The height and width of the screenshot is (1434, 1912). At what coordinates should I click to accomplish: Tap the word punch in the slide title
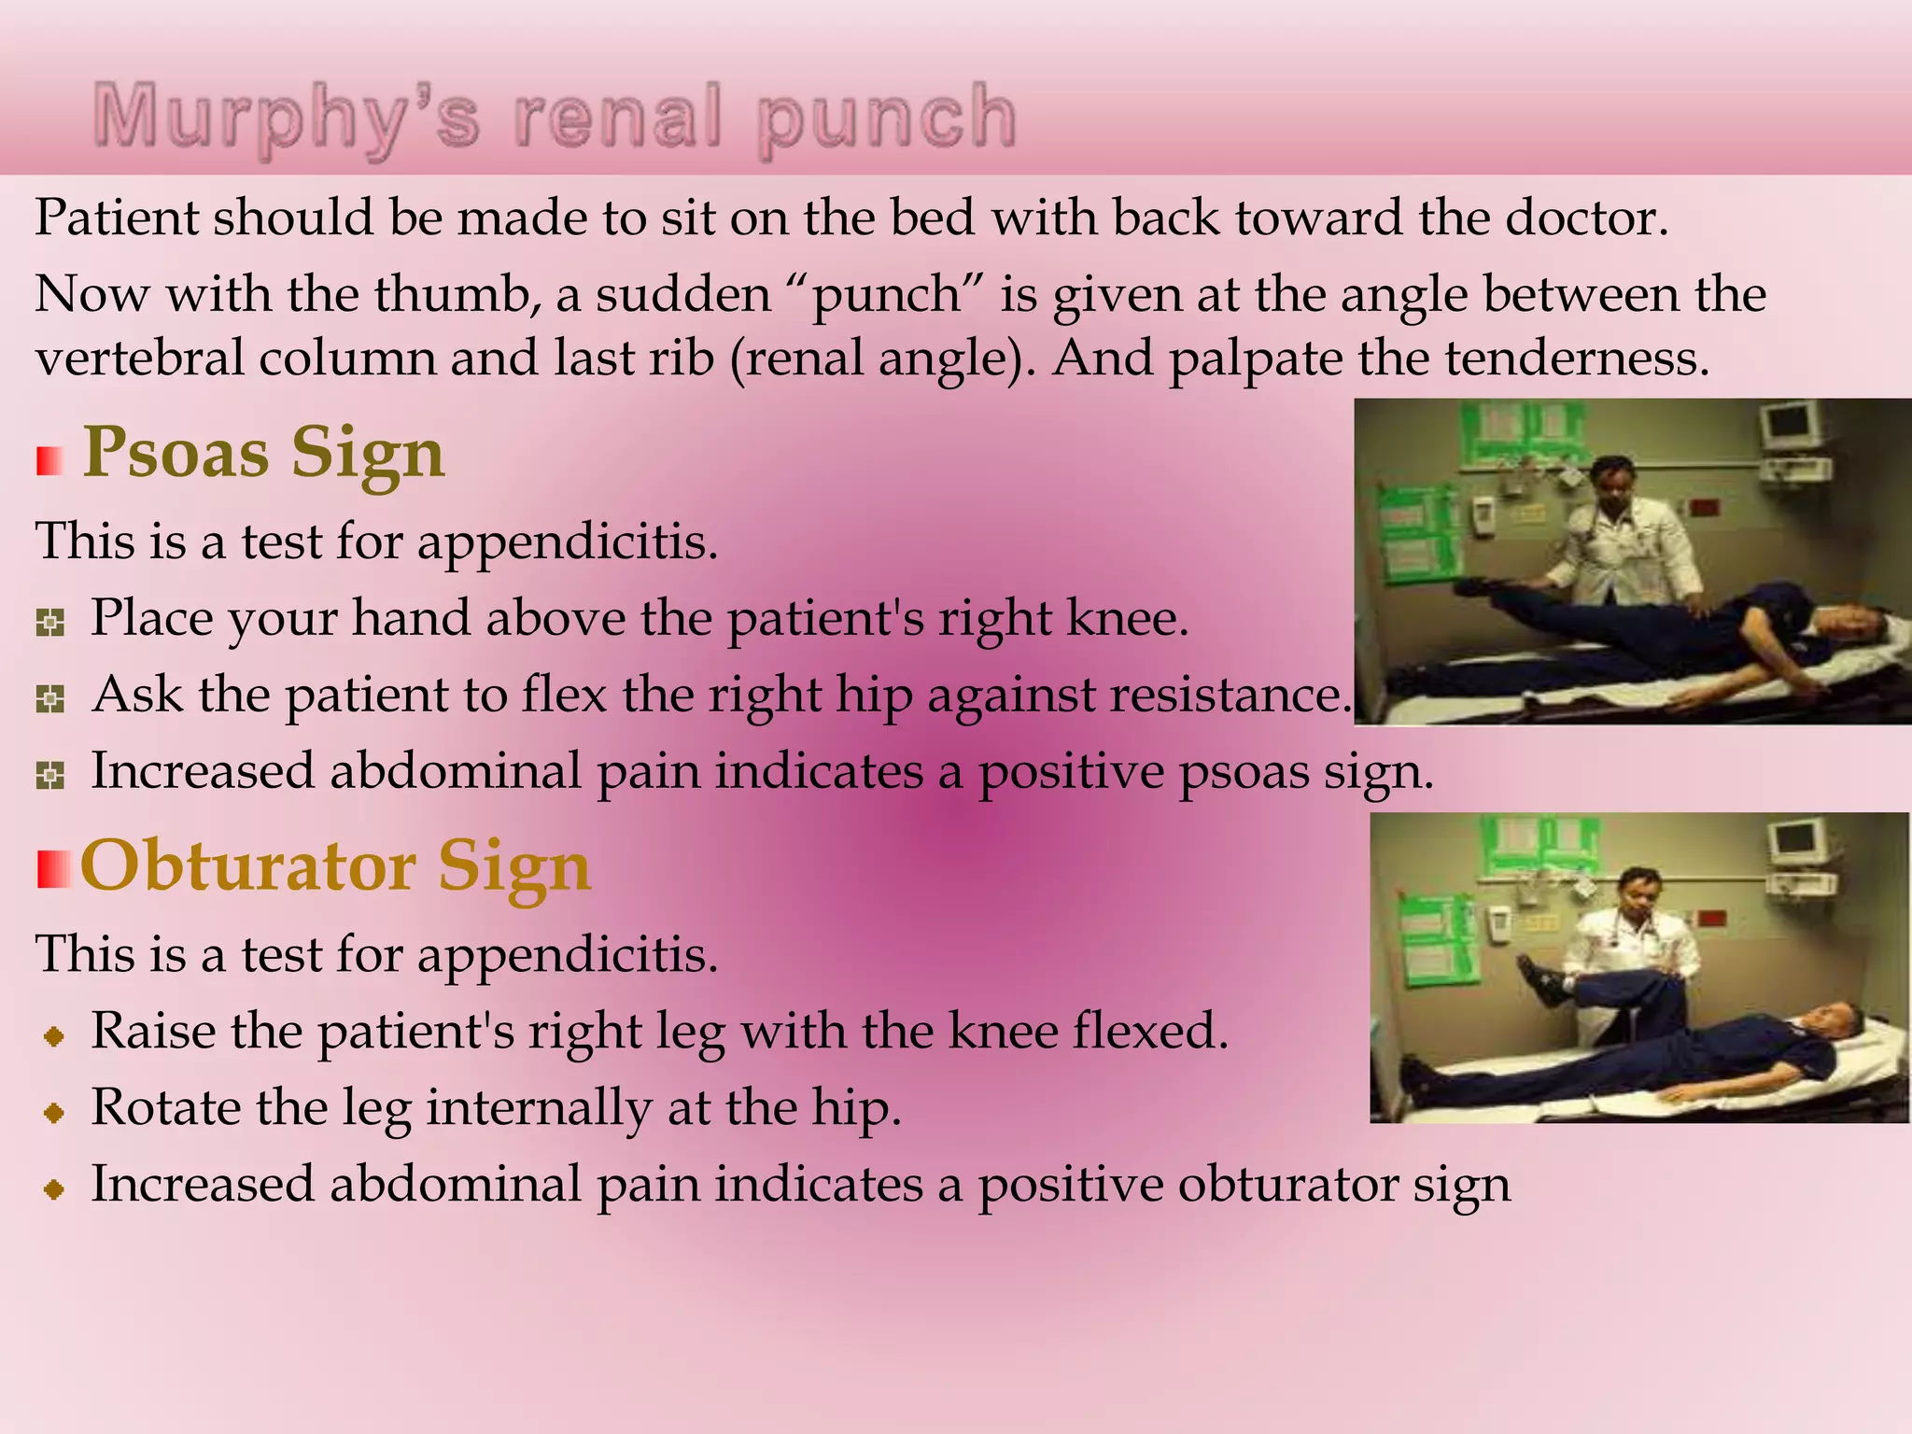click(887, 118)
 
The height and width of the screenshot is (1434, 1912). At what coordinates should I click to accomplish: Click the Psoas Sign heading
click(264, 453)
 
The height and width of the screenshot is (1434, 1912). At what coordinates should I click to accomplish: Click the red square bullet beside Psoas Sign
click(50, 460)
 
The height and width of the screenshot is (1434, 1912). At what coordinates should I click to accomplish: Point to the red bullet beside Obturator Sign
click(54, 869)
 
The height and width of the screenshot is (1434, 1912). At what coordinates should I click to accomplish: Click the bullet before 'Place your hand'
click(50, 622)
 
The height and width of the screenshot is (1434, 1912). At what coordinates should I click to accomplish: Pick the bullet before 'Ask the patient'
click(50, 698)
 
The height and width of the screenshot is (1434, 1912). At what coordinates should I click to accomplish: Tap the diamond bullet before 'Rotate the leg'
click(54, 1112)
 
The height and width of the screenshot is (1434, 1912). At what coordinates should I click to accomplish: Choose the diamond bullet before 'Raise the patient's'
click(54, 1035)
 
